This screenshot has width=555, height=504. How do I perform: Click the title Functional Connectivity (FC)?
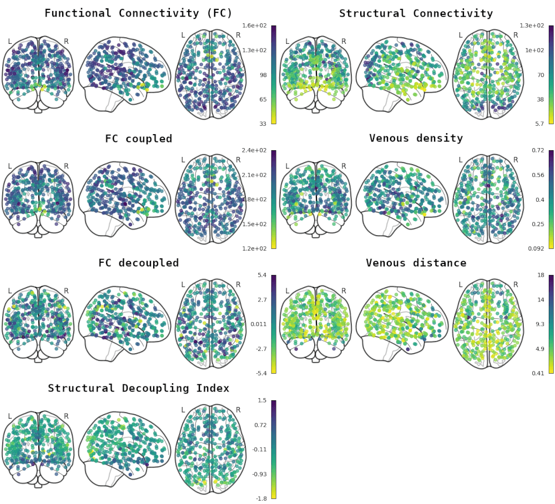click(138, 13)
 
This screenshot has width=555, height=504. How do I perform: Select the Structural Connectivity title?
click(416, 13)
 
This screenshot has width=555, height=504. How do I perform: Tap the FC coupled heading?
click(138, 139)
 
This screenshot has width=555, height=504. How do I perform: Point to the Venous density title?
click(416, 138)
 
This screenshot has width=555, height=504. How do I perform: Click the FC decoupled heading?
click(138, 263)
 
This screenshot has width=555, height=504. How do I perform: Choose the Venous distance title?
click(416, 263)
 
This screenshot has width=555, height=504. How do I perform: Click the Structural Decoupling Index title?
click(138, 388)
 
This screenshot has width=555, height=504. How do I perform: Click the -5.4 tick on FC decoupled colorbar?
click(259, 373)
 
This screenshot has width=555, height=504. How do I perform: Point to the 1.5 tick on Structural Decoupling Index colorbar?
click(262, 400)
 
